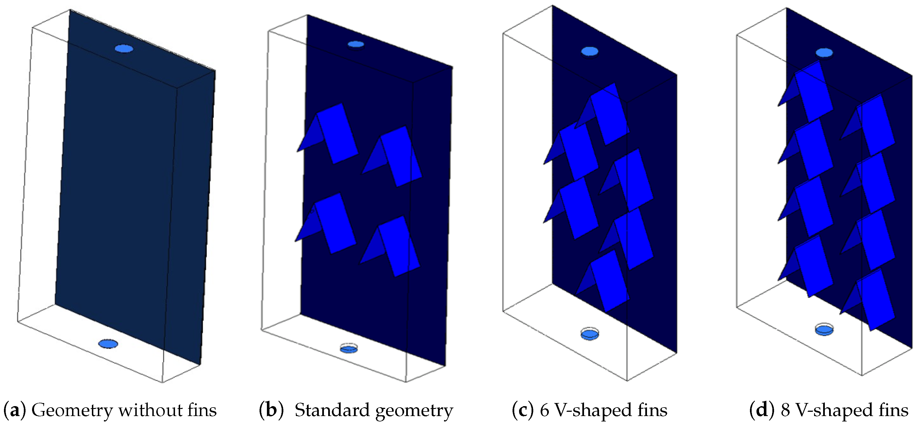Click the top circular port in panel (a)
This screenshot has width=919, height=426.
[x=124, y=49]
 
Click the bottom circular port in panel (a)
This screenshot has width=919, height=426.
[x=108, y=344]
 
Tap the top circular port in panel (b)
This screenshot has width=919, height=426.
[x=356, y=44]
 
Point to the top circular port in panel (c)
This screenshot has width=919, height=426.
[x=589, y=51]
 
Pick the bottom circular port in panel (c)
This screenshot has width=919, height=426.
[x=589, y=335]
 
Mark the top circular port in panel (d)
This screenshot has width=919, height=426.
[x=824, y=53]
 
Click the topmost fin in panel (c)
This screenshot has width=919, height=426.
[x=606, y=114]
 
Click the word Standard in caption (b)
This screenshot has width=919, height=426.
[x=332, y=410]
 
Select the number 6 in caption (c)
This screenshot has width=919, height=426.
[x=544, y=410]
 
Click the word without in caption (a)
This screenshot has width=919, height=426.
[x=149, y=410]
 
